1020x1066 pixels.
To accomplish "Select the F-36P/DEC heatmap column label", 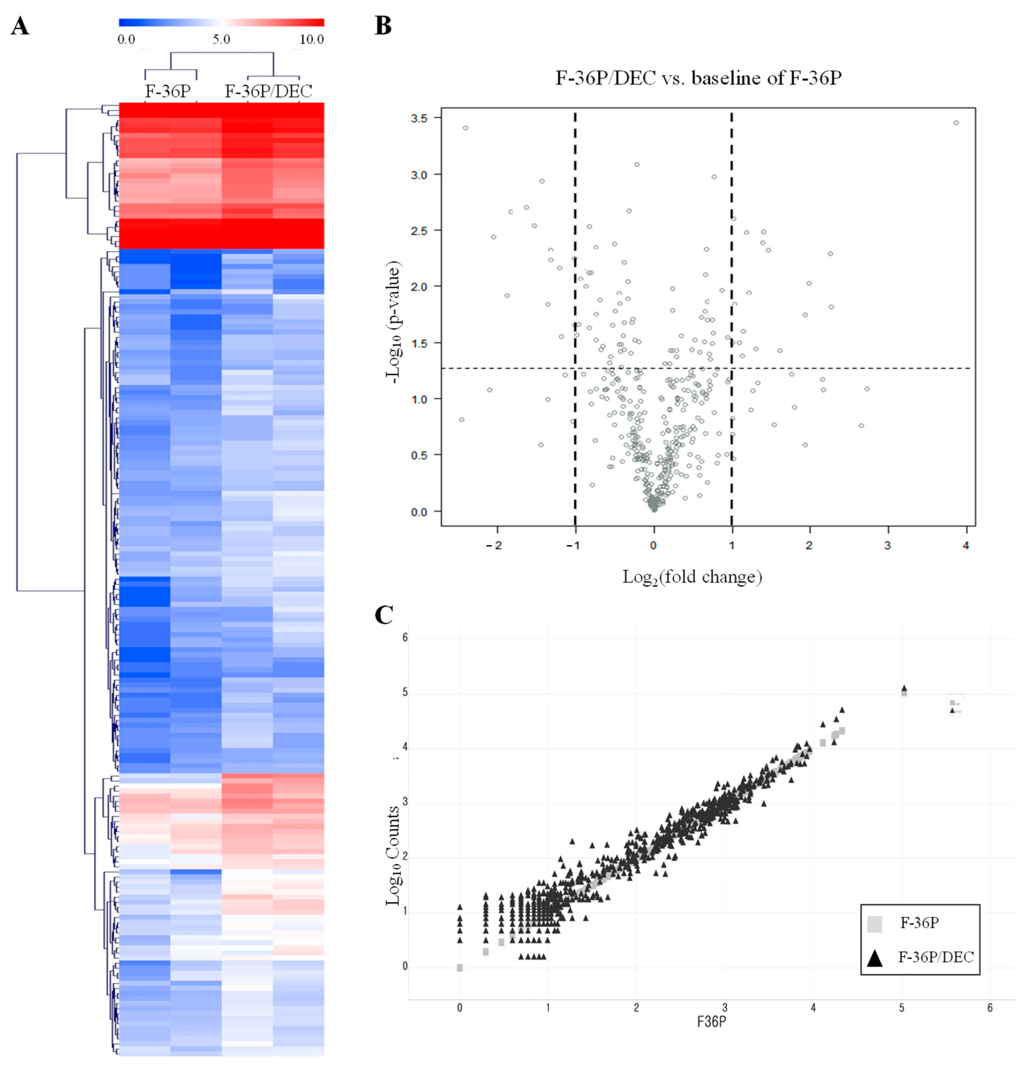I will pos(269,91).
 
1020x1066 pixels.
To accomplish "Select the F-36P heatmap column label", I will pos(168,91).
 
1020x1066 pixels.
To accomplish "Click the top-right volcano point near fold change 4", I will pos(956,123).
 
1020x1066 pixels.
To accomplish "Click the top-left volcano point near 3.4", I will pos(465,128).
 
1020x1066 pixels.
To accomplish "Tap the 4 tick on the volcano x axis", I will pos(966,545).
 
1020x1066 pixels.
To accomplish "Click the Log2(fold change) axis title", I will pos(692,577).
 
